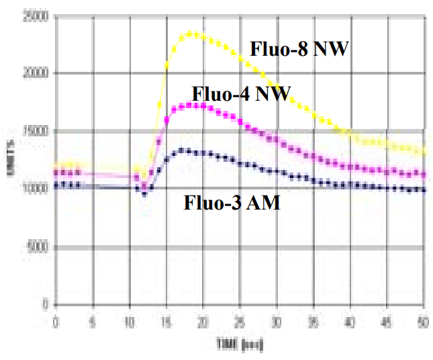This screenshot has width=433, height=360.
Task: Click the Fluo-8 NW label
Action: click(x=299, y=49)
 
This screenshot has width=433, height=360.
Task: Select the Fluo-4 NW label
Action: click(x=240, y=94)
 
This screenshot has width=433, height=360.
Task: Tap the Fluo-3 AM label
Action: click(x=232, y=202)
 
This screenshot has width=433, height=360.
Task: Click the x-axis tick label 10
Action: click(x=129, y=321)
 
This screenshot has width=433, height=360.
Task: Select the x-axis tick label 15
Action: click(x=165, y=321)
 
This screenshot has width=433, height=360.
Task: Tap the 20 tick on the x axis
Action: click(x=202, y=321)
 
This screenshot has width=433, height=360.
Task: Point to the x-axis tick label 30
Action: click(x=275, y=321)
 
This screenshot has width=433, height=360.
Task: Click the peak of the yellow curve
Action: click(x=191, y=33)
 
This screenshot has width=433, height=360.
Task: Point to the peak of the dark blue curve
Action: click(x=183, y=150)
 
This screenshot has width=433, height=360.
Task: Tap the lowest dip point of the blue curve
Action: click(x=144, y=194)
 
